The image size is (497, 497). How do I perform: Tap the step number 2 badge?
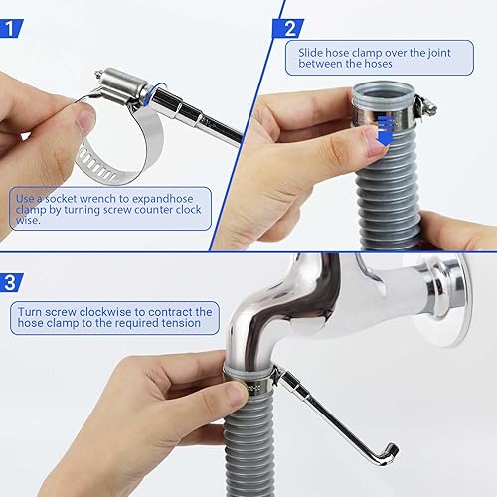(x=289, y=28)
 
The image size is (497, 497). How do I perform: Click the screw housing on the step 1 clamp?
(x=123, y=83)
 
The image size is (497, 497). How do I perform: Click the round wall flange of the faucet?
(x=443, y=298)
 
